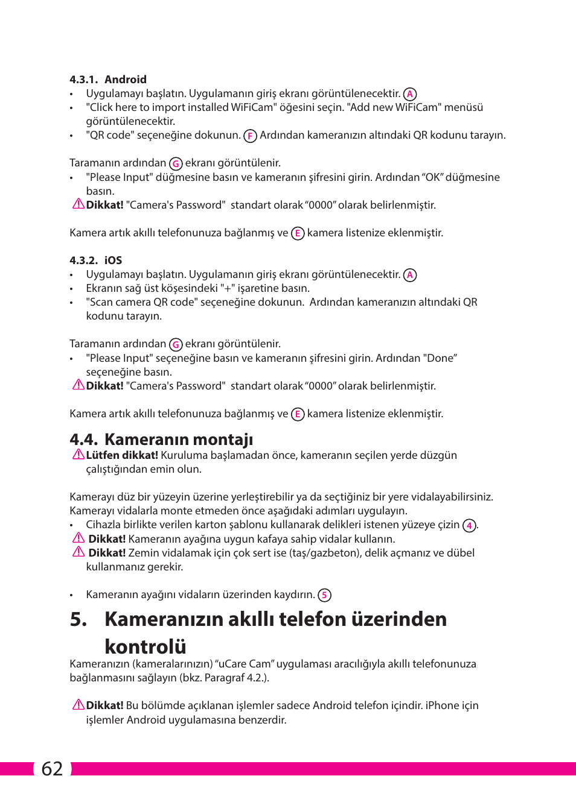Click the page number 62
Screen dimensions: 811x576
click(52, 769)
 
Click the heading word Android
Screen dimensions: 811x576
click(125, 80)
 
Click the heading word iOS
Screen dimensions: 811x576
click(113, 260)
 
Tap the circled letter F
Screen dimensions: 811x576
click(250, 136)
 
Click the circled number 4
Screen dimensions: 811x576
click(469, 526)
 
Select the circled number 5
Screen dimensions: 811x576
click(324, 596)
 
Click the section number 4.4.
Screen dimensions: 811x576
click(83, 440)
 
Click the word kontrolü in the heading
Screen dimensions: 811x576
click(146, 646)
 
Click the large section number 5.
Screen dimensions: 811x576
click(78, 619)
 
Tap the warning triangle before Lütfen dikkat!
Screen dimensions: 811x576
click(78, 455)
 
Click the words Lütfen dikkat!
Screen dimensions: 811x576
click(122, 455)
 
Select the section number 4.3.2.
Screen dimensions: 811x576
click(83, 260)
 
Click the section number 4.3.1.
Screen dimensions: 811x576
click(83, 80)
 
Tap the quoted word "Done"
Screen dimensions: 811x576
click(441, 358)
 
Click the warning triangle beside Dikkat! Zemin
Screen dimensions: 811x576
click(78, 552)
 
